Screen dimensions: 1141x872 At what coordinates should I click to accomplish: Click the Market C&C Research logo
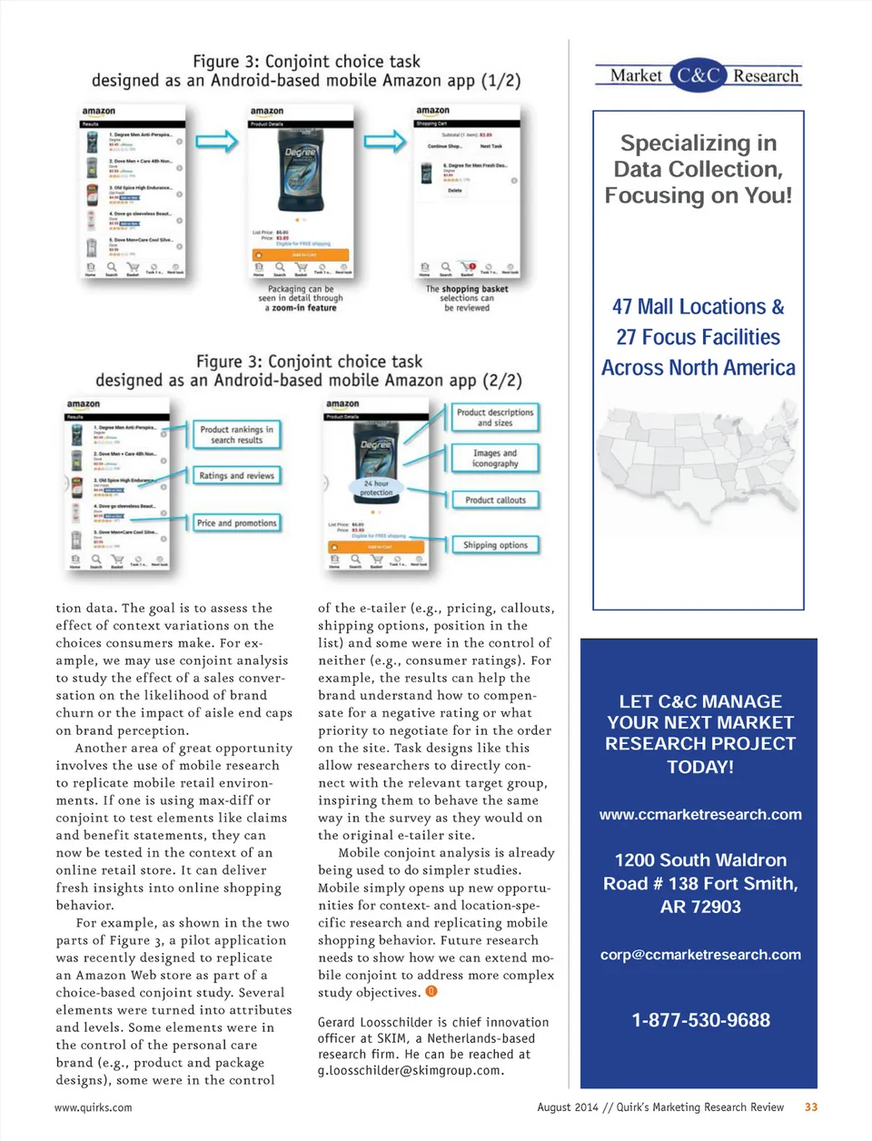click(698, 75)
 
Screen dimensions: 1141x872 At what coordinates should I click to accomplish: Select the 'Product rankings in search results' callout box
click(236, 434)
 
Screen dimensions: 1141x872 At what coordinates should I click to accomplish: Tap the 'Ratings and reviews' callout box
click(236, 475)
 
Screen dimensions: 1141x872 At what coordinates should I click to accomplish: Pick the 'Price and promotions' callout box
click(236, 523)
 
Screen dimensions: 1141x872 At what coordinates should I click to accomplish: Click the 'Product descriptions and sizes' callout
click(495, 417)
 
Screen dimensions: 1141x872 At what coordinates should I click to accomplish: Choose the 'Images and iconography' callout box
click(495, 458)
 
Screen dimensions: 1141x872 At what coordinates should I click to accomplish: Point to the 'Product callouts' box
click(495, 500)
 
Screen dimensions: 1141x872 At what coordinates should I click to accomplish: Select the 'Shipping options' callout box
click(495, 545)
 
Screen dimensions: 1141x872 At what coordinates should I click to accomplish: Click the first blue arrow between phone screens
click(216, 141)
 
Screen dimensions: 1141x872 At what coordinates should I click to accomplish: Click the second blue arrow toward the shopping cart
click(385, 141)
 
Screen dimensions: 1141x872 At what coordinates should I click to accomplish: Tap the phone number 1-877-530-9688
click(700, 1020)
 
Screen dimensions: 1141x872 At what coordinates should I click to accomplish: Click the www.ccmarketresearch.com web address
click(700, 815)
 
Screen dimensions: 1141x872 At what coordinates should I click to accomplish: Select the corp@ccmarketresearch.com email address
click(700, 955)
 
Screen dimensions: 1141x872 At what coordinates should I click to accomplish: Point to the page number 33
click(811, 1107)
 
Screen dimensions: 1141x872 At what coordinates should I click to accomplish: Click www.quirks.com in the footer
click(93, 1107)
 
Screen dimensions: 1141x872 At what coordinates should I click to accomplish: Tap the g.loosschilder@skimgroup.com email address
click(411, 1071)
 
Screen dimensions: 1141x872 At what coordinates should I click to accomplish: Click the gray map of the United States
click(698, 468)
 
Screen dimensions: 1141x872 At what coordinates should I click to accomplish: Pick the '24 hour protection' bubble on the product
click(375, 488)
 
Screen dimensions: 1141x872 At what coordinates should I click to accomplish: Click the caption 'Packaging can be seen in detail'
click(301, 299)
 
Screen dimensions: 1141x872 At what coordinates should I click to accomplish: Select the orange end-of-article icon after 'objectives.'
click(431, 991)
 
